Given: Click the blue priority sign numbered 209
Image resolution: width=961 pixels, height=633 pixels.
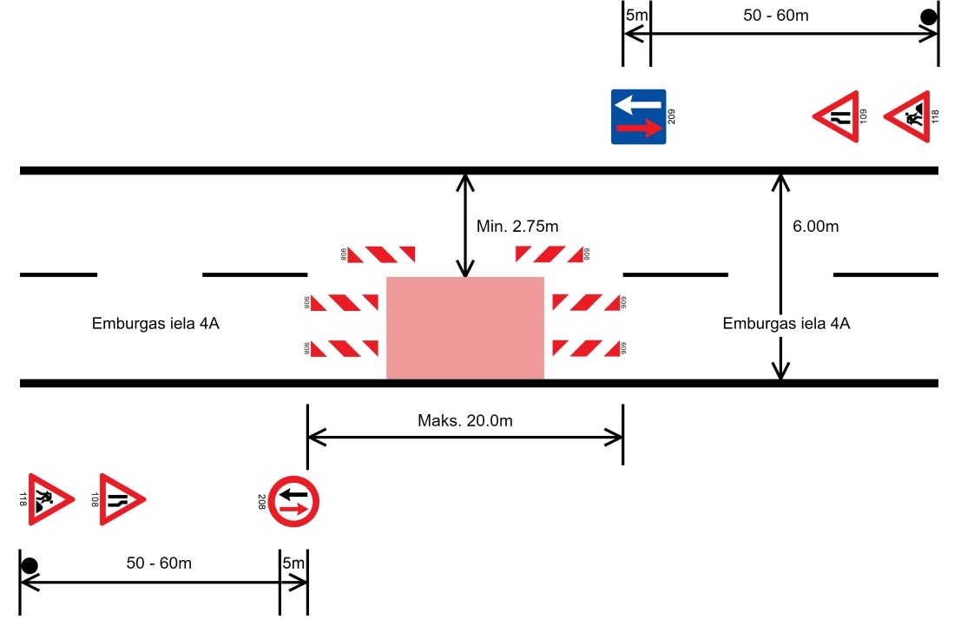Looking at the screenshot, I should click(638, 116).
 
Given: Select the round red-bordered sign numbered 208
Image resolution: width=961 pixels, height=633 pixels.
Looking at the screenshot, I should click(294, 501).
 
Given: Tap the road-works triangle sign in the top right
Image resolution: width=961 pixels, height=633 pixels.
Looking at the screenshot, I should click(908, 116).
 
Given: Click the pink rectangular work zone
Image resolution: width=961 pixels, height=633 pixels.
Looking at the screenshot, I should click(464, 327).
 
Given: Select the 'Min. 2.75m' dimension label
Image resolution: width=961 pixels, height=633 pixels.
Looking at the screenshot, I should click(517, 227).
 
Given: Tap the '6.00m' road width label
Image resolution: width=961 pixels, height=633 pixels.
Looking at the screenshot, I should click(815, 227).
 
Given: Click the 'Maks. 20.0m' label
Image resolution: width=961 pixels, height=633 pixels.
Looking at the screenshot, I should click(465, 421).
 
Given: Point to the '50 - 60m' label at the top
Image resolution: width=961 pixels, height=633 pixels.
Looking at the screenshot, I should click(777, 15).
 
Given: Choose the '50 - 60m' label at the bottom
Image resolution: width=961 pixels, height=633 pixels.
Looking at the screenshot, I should click(159, 563).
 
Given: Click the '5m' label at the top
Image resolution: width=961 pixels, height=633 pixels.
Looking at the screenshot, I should click(636, 15).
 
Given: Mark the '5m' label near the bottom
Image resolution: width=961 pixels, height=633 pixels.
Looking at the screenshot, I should click(293, 563).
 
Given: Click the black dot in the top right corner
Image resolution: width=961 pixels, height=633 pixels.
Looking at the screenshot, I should click(928, 16).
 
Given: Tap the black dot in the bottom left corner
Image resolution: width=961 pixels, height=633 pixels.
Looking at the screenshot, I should click(30, 566).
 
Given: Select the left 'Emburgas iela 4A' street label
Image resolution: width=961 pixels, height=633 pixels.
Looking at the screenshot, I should click(155, 324).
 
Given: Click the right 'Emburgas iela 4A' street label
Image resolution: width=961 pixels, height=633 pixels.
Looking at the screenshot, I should click(786, 324).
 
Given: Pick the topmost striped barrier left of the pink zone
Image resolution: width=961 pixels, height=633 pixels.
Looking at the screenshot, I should click(381, 254).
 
